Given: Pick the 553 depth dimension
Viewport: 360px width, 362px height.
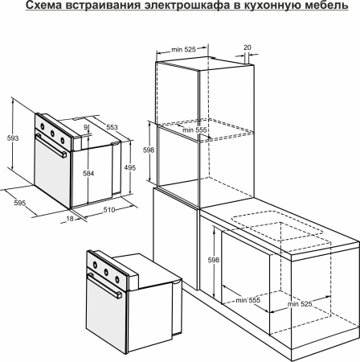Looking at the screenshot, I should tap(111, 127).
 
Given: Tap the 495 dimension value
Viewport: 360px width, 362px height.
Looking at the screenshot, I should tap(129, 168).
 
